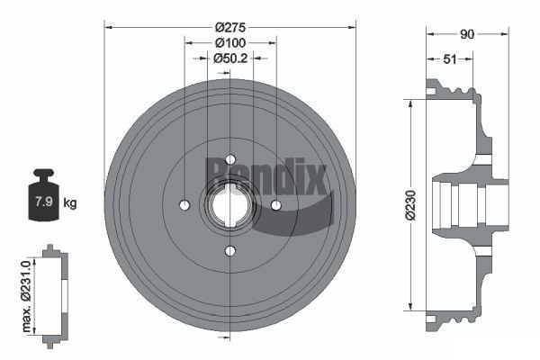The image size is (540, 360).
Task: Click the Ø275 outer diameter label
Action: pos(230,27)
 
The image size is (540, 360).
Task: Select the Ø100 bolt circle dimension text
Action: pos(230,43)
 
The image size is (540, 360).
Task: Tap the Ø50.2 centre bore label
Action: pos(230,58)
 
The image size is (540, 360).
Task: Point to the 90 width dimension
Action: pos(467,34)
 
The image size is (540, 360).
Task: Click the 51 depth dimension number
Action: pos(449,59)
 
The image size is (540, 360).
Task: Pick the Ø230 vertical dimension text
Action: pos(410,205)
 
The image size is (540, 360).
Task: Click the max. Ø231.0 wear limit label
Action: pos(26,296)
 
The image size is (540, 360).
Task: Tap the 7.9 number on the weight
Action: pos(43,202)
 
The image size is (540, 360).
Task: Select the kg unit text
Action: pos(70,202)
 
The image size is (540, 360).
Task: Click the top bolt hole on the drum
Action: pos(230,159)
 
